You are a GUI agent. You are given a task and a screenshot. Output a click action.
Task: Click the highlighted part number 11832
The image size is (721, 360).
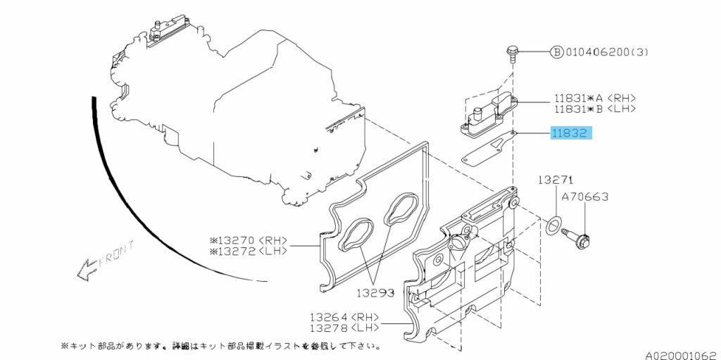point(571,132)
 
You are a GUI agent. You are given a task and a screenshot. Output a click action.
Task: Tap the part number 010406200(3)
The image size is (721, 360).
point(610,52)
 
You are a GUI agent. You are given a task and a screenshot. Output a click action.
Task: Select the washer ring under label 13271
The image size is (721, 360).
point(553,227)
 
